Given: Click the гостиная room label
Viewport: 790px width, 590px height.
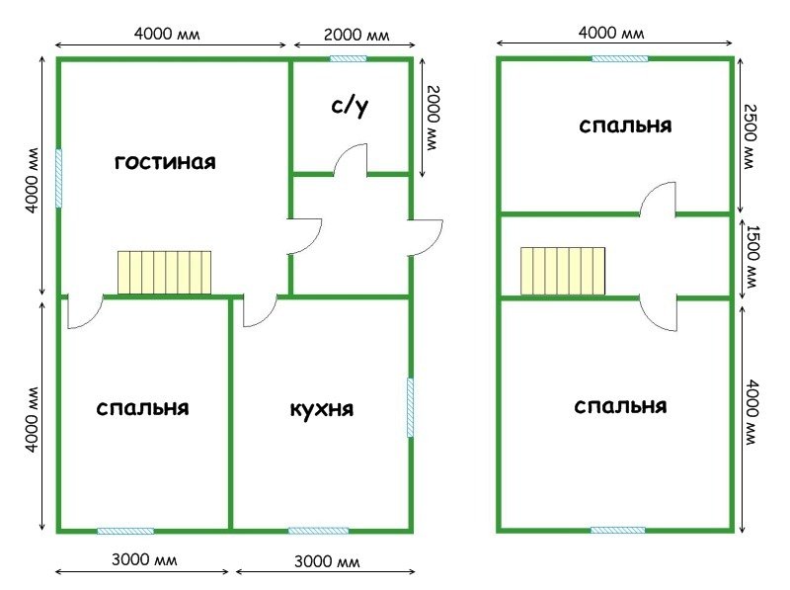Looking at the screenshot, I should pos(164,161).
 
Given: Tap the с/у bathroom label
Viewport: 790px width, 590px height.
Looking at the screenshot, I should pos(350,107).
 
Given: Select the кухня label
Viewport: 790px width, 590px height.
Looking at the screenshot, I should pos(322,409).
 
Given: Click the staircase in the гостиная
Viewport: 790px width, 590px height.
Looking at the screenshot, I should pos(164,273).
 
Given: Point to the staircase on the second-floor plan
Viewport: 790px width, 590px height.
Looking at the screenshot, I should pos(563,271).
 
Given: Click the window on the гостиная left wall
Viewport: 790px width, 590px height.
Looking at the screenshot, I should pos(58,178).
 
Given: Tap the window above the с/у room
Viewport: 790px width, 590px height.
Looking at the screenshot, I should pos(348,58).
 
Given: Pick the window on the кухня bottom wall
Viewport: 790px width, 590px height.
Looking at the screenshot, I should pos(318,531).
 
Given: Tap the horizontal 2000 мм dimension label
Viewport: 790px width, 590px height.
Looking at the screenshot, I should pos(356,36).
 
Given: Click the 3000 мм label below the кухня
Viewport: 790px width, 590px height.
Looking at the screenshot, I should pos(327,562).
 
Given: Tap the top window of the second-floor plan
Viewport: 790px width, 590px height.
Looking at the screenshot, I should pos(619,58).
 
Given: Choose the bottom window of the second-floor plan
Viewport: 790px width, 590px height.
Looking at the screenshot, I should pos(619,531).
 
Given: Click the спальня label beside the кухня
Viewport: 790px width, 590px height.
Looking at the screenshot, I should pos(143,408).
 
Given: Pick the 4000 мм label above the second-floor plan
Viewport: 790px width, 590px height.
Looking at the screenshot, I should pos(612,33).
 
